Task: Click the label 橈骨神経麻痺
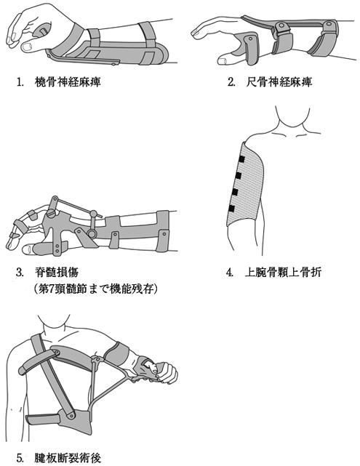pyautogui.click(x=68, y=82)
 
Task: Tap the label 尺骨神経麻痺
pyautogui.click(x=279, y=82)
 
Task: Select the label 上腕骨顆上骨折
pyautogui.click(x=283, y=272)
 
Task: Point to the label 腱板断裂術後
pyautogui.click(x=68, y=457)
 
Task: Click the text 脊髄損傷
pyautogui.click(x=57, y=272)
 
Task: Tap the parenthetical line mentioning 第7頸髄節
pyautogui.click(x=96, y=289)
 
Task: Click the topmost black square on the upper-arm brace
pyautogui.click(x=241, y=159)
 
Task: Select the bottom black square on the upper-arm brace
pyautogui.click(x=232, y=209)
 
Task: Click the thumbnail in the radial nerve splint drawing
pyautogui.click(x=26, y=47)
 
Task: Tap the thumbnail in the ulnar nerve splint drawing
pyautogui.click(x=222, y=61)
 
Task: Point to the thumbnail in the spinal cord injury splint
pyautogui.click(x=27, y=249)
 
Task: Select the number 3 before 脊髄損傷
pyautogui.click(x=20, y=272)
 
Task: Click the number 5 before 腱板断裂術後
pyautogui.click(x=20, y=458)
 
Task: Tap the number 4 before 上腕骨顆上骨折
pyautogui.click(x=229, y=272)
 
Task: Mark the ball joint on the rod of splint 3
pyautogui.click(x=93, y=214)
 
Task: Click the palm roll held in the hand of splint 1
pyautogui.click(x=41, y=31)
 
